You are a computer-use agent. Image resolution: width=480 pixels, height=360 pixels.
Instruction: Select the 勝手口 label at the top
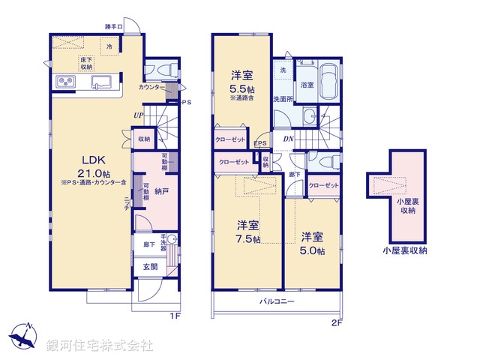tap(114, 27)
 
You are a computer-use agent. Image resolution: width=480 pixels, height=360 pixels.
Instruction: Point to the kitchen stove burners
tap(63, 82)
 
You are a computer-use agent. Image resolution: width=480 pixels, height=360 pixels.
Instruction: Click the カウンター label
tap(151, 88)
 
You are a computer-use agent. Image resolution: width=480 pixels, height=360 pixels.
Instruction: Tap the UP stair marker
tap(139, 115)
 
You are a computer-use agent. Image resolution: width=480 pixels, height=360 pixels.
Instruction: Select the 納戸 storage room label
tap(161, 191)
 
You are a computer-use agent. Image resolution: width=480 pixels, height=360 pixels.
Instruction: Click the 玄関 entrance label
tap(150, 266)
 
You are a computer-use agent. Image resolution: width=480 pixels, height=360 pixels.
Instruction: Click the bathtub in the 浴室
tap(330, 82)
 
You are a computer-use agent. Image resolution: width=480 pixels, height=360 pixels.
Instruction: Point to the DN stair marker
tap(288, 138)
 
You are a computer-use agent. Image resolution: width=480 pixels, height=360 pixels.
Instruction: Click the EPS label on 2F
tap(260, 144)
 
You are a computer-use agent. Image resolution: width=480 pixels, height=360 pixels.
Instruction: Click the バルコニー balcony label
tap(277, 301)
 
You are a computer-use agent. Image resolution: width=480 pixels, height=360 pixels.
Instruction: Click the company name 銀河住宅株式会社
tap(99, 346)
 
